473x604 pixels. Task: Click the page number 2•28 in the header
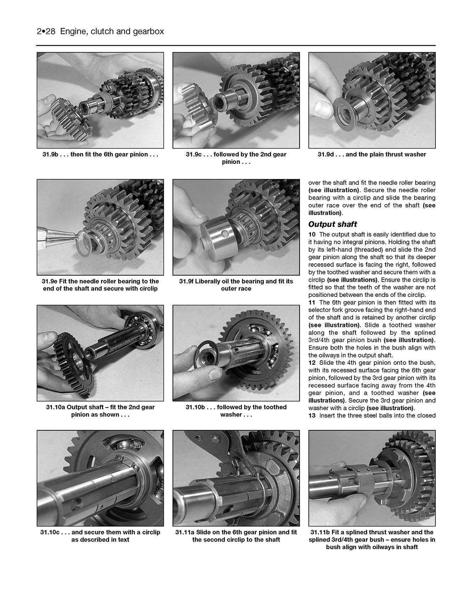pos(46,31)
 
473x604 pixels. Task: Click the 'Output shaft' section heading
pos(332,224)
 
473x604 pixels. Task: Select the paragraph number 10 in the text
pos(312,235)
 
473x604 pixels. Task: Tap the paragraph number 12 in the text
pos(312,363)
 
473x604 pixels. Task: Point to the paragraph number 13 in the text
pos(312,415)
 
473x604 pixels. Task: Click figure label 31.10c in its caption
pos(50,532)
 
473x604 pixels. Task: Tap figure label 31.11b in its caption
pos(320,532)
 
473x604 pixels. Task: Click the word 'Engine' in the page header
pos(73,31)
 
